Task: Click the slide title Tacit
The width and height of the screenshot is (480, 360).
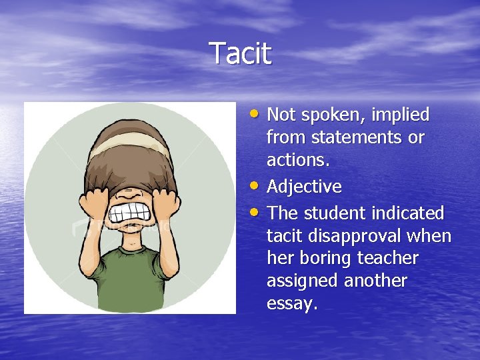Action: (240, 53)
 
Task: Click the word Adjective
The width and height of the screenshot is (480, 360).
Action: (304, 187)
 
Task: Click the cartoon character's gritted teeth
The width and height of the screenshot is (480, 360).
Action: (130, 213)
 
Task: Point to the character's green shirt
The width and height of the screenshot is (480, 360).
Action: (130, 280)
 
